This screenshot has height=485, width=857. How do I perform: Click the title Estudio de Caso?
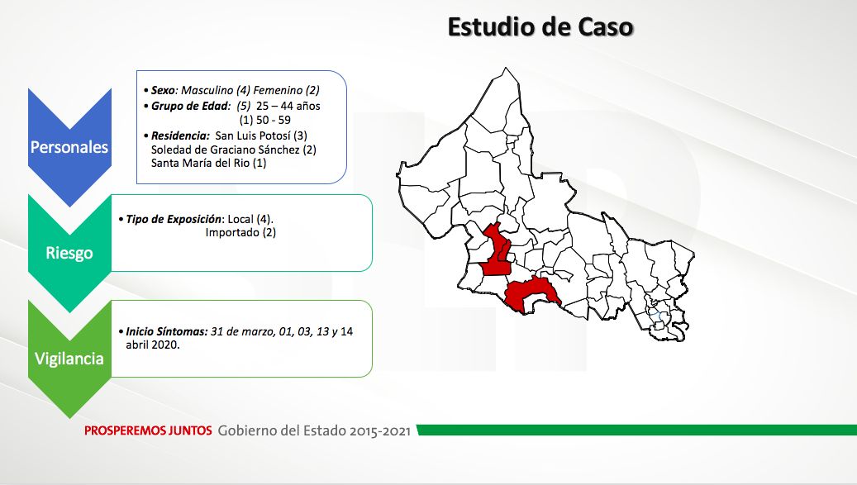(540, 27)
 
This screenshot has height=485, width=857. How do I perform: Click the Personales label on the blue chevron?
(69, 147)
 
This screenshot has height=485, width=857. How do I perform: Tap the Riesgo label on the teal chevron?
(69, 253)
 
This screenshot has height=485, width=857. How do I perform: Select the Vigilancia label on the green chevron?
(69, 359)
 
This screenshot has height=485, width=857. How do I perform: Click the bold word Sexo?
(163, 90)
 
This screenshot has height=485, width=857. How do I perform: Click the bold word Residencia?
(180, 136)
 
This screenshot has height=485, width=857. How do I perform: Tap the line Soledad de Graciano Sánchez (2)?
(233, 150)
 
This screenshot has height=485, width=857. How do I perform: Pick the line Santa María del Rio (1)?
(209, 163)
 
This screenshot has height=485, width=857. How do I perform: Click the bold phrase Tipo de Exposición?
(174, 219)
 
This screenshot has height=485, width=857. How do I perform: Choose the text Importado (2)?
(240, 233)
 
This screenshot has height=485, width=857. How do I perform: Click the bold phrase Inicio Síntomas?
(166, 331)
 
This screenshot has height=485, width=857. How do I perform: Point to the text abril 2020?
(153, 345)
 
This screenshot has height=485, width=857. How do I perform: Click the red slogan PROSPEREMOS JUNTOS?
(148, 431)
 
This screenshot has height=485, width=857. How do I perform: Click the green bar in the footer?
(636, 430)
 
